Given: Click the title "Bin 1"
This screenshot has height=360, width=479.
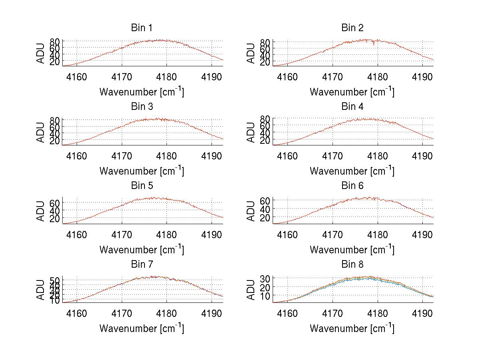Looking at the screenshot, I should (141, 28).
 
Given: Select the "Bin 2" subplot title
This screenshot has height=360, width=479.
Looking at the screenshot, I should (352, 28).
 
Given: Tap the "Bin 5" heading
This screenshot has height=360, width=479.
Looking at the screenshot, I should (141, 185).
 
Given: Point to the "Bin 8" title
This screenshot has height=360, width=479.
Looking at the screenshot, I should (352, 265).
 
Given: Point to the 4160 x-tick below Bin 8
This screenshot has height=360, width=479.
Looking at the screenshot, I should (287, 313).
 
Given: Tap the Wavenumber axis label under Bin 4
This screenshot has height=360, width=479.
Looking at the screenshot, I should (352, 171).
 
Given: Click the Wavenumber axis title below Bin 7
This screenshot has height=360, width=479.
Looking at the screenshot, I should (141, 328).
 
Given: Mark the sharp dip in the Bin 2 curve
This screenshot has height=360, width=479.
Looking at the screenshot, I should (374, 44).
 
